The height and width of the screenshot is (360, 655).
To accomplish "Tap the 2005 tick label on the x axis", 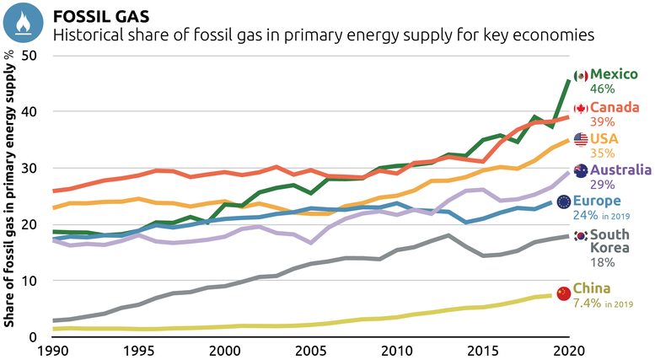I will point(310,350).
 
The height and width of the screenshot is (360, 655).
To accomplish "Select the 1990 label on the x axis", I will point(54,350).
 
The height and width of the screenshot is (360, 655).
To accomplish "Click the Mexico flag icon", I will point(580,76).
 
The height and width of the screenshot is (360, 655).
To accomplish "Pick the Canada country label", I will point(618,108).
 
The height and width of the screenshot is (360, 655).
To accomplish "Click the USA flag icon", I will point(581,139).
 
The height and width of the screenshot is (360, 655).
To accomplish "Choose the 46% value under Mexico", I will point(603,89).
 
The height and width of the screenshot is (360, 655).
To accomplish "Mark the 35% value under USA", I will point(603,153).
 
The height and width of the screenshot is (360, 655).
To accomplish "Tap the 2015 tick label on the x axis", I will point(482,350).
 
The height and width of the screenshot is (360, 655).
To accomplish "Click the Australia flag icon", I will point(580,171).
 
